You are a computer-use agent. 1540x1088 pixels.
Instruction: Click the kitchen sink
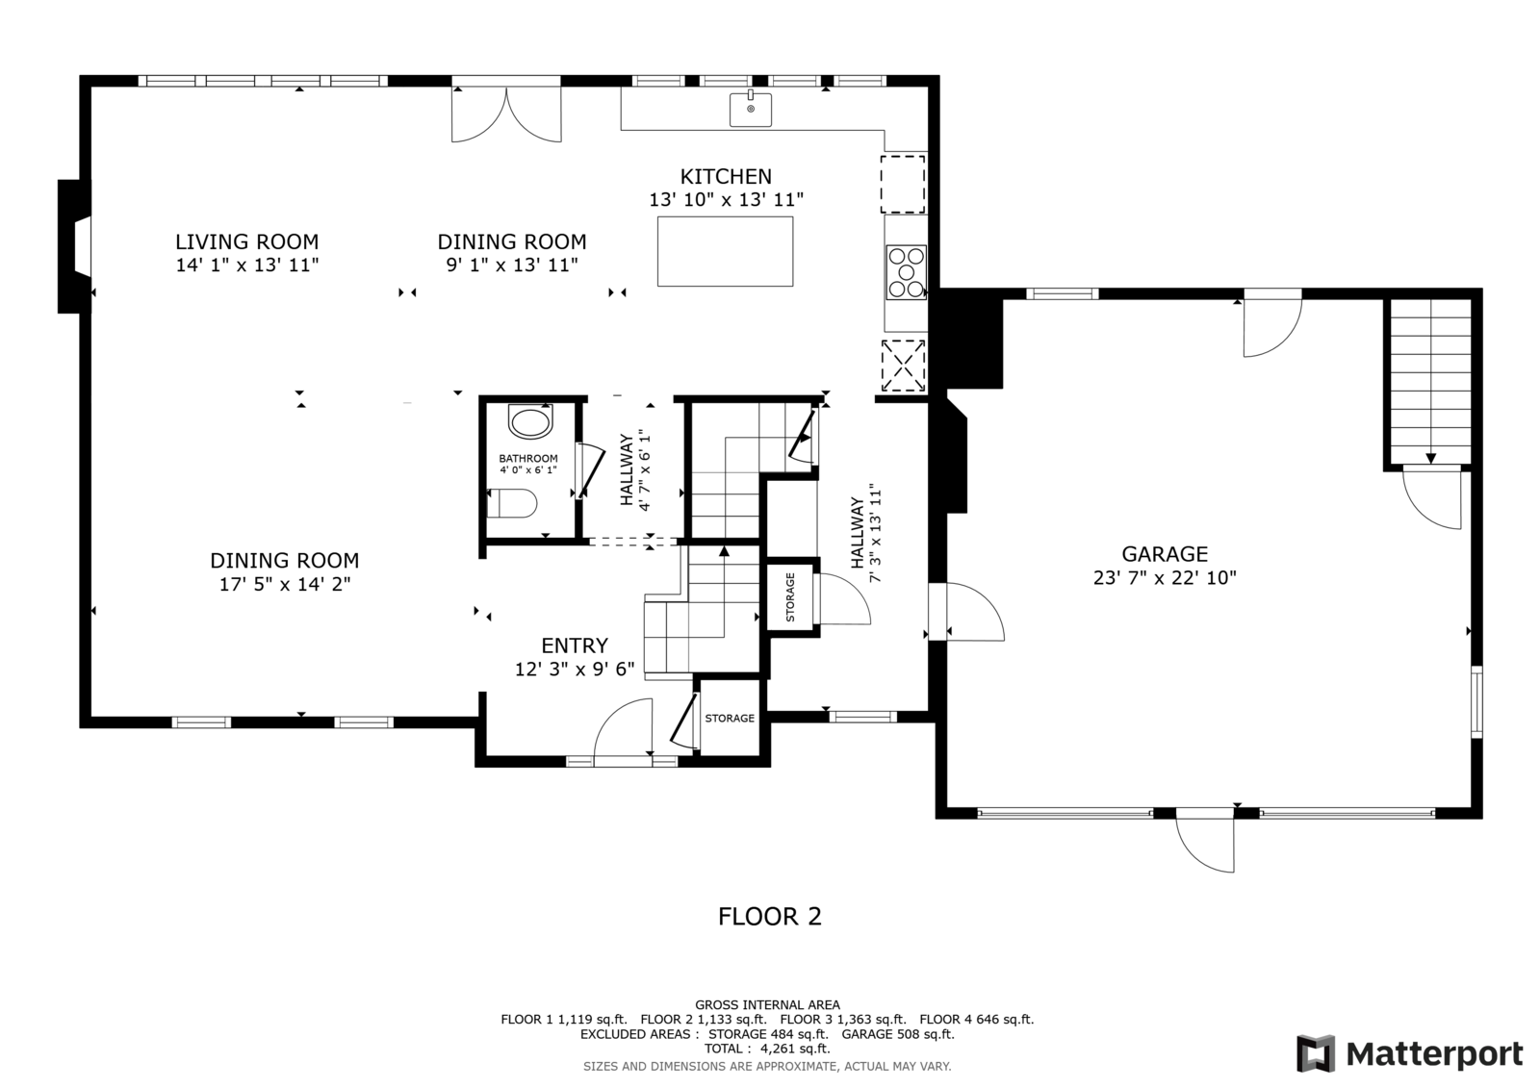[750, 110]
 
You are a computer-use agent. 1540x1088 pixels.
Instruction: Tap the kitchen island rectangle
[725, 251]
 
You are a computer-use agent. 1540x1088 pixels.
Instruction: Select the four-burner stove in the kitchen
[906, 273]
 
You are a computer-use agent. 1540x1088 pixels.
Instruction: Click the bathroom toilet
[511, 503]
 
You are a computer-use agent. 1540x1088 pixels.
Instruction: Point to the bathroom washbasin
[530, 420]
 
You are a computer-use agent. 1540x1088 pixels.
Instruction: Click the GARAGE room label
[1165, 554]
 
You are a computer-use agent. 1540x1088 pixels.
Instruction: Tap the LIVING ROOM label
[246, 241]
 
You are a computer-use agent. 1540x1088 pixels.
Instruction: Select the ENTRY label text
[575, 645]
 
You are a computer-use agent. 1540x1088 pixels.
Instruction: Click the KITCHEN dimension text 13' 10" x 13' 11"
[727, 200]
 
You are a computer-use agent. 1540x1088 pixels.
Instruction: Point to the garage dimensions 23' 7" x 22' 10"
[1165, 578]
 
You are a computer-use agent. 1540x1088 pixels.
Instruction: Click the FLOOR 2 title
[770, 916]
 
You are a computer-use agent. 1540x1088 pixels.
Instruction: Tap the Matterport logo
[1410, 1053]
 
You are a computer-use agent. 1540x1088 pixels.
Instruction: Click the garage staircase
[1430, 382]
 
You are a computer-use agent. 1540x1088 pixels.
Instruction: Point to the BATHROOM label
[528, 459]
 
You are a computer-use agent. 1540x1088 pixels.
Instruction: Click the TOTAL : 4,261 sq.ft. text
[767, 1049]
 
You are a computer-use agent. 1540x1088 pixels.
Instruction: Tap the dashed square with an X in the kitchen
[904, 366]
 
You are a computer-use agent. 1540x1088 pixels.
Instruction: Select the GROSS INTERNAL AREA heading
[767, 1005]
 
